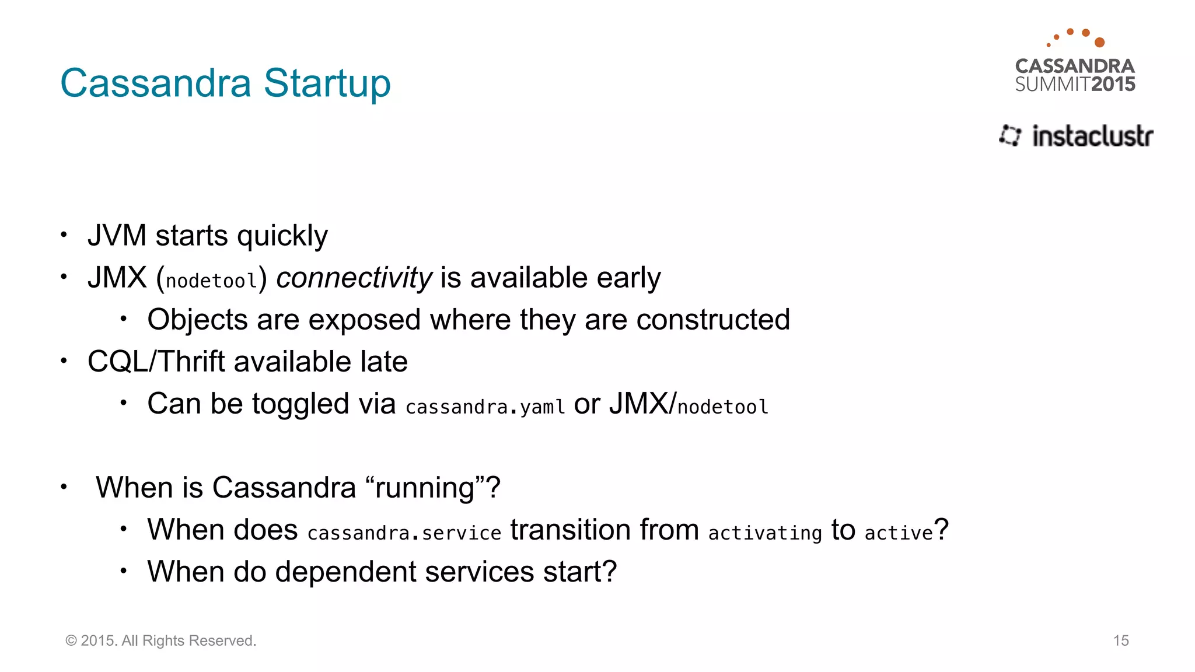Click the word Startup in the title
[x=327, y=83]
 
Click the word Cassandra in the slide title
[x=156, y=83]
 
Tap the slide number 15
[x=1120, y=640]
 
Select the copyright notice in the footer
[x=160, y=640]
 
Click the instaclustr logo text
[x=1092, y=136]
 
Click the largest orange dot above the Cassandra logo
[x=1099, y=42]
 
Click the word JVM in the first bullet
[x=117, y=236]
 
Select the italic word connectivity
[x=354, y=278]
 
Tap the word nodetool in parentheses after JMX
[x=211, y=281]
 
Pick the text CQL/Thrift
[x=156, y=362]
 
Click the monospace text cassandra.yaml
[x=485, y=407]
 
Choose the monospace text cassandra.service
[x=404, y=533]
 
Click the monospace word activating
[x=764, y=533]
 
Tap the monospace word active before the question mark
[x=899, y=533]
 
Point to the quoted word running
[x=424, y=488]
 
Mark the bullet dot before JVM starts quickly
[x=64, y=235]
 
